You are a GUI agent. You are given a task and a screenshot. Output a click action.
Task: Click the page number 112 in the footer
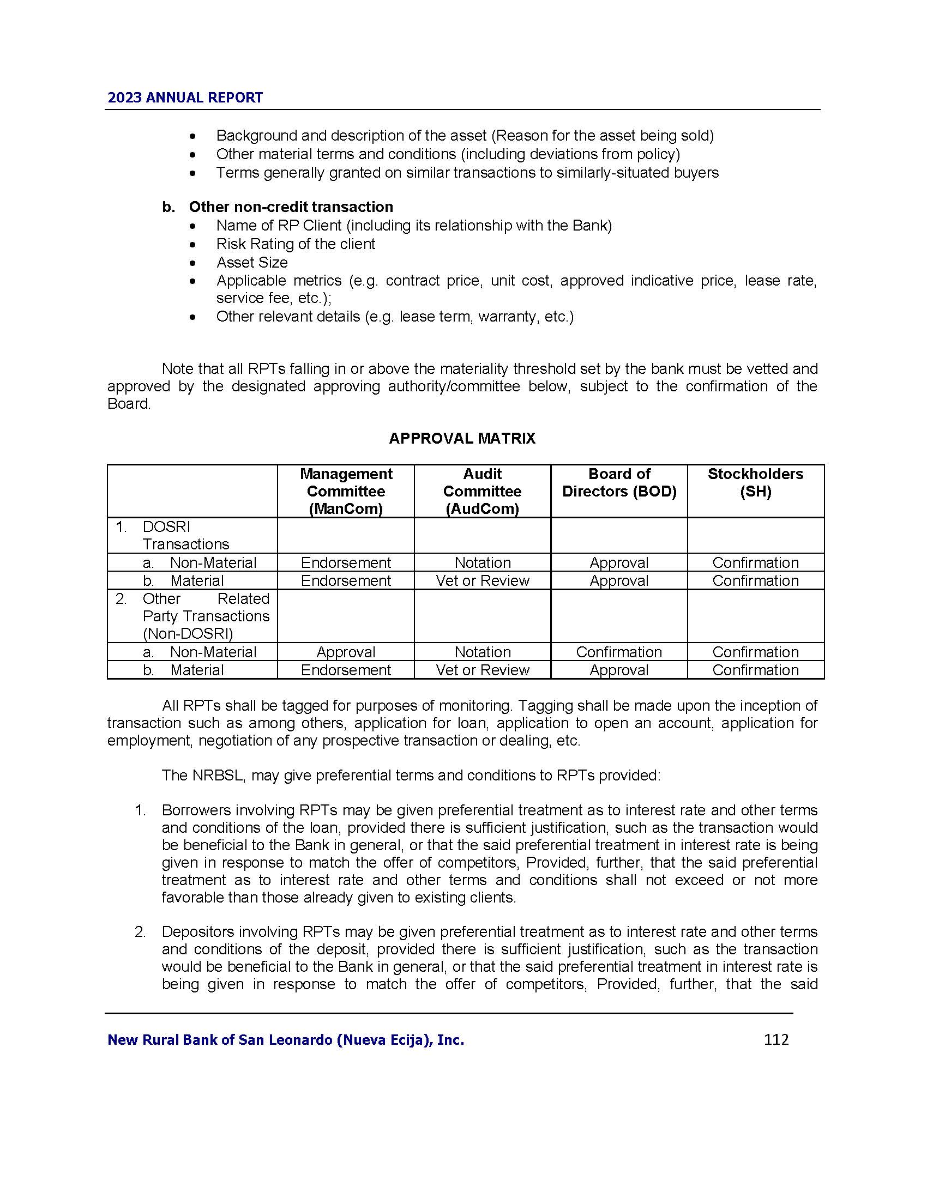pyautogui.click(x=775, y=1039)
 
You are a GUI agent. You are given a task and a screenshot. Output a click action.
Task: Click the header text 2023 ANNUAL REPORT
pyautogui.click(x=185, y=98)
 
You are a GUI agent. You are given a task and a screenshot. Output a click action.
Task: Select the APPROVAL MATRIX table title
pyautogui.click(x=462, y=438)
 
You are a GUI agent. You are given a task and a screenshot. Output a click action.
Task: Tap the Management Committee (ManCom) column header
pyautogui.click(x=346, y=491)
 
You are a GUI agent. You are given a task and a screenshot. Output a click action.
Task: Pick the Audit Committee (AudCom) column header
pyautogui.click(x=482, y=491)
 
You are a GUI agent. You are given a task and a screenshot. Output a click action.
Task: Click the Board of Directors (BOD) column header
pyautogui.click(x=619, y=482)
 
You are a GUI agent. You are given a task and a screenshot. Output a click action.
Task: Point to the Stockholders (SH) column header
pyautogui.click(x=755, y=482)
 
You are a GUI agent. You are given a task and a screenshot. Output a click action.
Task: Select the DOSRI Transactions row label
pyautogui.click(x=185, y=535)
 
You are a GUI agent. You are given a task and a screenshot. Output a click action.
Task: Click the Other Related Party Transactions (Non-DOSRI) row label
pyautogui.click(x=206, y=616)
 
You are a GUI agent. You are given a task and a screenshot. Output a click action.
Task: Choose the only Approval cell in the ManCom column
pyautogui.click(x=346, y=652)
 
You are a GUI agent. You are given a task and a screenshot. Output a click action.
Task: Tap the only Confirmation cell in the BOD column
pyautogui.click(x=619, y=652)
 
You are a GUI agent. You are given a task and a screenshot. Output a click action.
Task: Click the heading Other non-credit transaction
pyautogui.click(x=291, y=207)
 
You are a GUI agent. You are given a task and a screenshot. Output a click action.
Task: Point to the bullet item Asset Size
pyautogui.click(x=251, y=263)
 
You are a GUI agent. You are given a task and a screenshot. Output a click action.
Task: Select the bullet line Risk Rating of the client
pyautogui.click(x=296, y=244)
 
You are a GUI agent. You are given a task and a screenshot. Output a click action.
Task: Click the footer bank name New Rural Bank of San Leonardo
pyautogui.click(x=286, y=1040)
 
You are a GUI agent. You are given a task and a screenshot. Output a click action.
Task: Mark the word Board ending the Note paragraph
pyautogui.click(x=128, y=404)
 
